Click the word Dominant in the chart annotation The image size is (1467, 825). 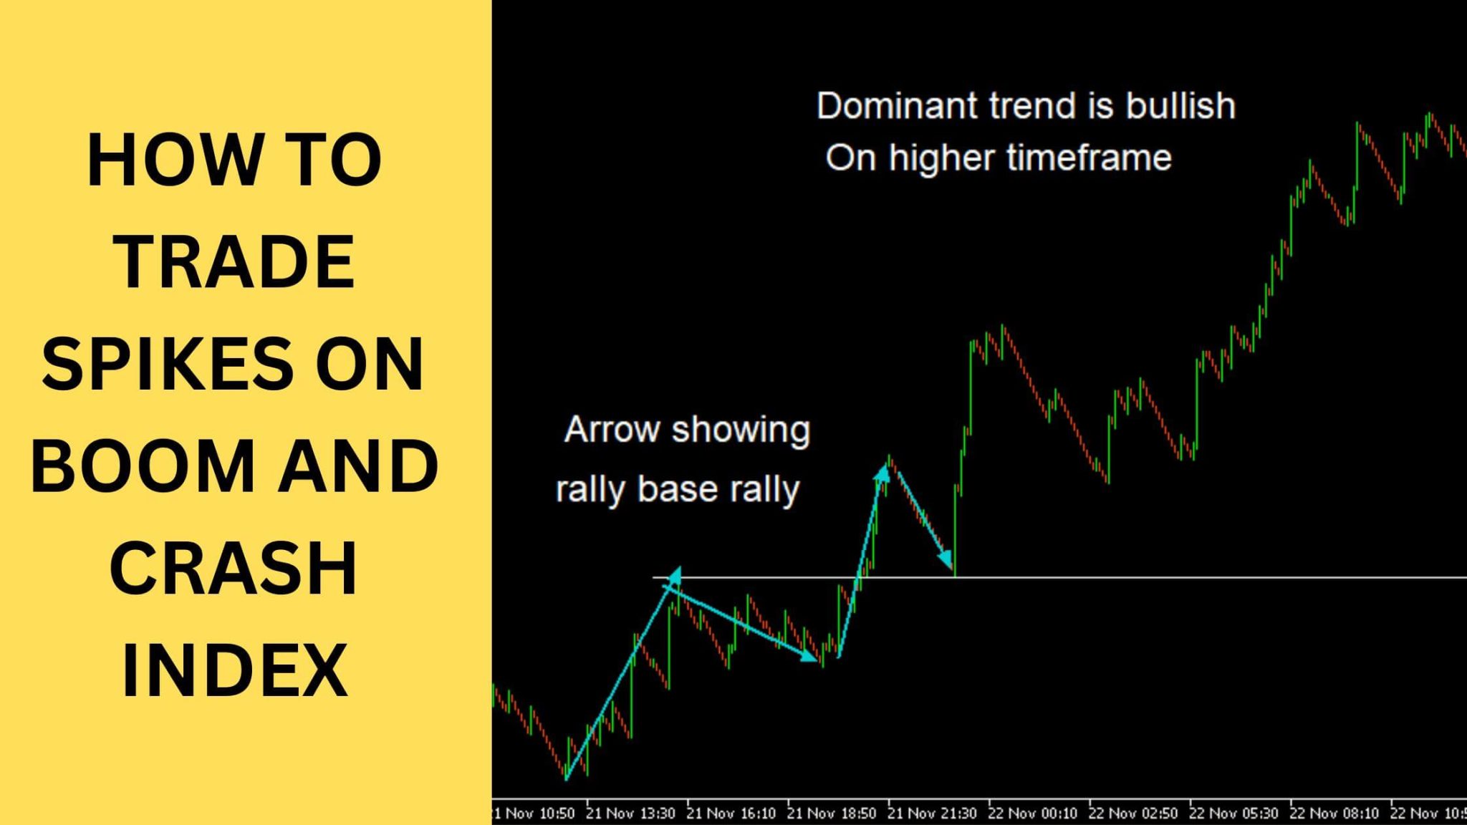(897, 106)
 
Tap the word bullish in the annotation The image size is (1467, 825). (1180, 106)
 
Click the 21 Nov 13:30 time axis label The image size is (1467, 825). (630, 814)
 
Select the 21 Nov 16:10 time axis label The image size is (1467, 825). (731, 814)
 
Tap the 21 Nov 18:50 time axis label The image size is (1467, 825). (832, 814)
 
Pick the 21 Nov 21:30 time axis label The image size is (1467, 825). (932, 814)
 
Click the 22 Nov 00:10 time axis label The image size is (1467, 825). (1032, 814)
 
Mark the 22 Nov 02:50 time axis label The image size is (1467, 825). (1132, 814)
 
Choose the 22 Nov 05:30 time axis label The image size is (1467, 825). (1233, 814)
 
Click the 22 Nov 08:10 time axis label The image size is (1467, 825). (1334, 814)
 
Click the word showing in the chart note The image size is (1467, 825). (741, 430)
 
